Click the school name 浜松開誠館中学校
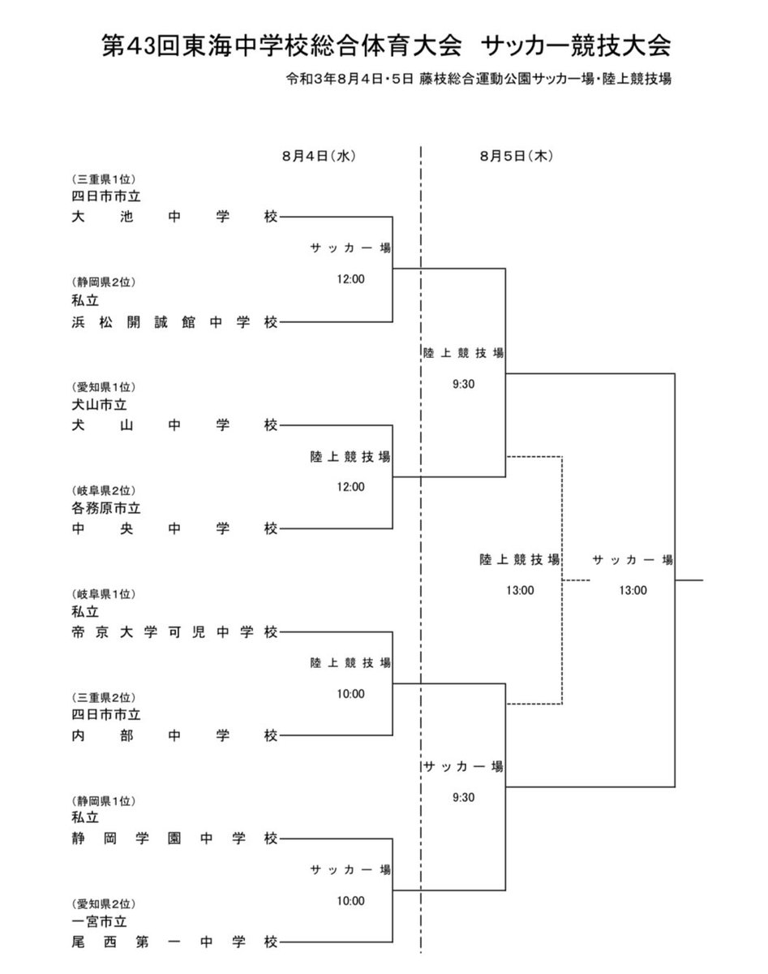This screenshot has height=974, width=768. (x=174, y=322)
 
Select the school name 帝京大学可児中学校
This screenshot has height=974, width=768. (x=174, y=632)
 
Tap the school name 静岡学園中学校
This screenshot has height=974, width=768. (x=174, y=838)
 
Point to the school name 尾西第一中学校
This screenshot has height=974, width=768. (x=174, y=942)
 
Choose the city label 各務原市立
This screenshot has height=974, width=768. (x=105, y=508)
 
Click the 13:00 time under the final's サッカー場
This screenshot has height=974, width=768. (x=632, y=590)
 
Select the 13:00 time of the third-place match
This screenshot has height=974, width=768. (x=519, y=590)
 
